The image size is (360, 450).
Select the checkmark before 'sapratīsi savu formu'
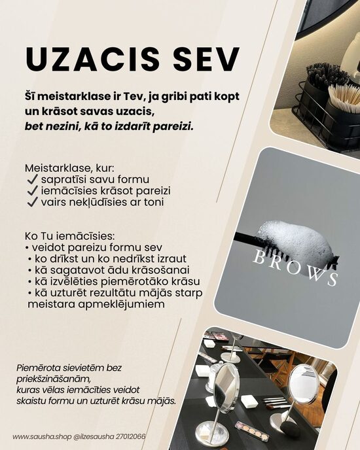pos(31,179)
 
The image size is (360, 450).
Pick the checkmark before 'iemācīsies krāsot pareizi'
pos(31,190)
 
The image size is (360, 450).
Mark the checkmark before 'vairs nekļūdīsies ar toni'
pos(31,202)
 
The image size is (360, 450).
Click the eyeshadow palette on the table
pos(252,430)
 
